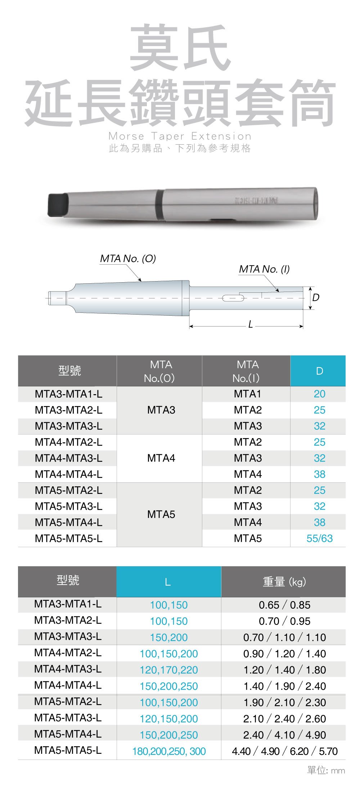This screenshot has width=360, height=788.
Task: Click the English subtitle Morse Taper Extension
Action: pos(180,136)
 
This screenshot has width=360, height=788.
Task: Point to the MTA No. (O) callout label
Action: pos(128,258)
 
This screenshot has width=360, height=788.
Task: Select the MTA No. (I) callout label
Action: pos(264,269)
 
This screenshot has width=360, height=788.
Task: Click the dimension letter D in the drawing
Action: pos(316,297)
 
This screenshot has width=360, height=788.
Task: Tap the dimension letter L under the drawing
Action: pos(250,325)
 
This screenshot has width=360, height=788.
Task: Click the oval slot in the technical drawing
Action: pos(233,298)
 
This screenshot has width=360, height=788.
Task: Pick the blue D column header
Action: pos(318,371)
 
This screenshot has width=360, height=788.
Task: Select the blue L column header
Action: pos(168,582)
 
